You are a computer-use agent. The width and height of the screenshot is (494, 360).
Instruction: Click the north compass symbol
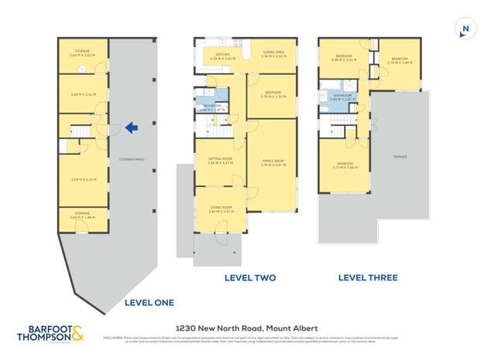464,30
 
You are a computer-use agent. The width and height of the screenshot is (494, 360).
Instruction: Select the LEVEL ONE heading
149,302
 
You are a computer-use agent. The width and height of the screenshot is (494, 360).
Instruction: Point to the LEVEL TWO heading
250,277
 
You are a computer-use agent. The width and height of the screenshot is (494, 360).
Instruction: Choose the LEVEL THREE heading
368,277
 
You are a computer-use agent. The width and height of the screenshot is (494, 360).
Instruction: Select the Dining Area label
274,53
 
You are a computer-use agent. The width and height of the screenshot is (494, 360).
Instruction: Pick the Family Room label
273,161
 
